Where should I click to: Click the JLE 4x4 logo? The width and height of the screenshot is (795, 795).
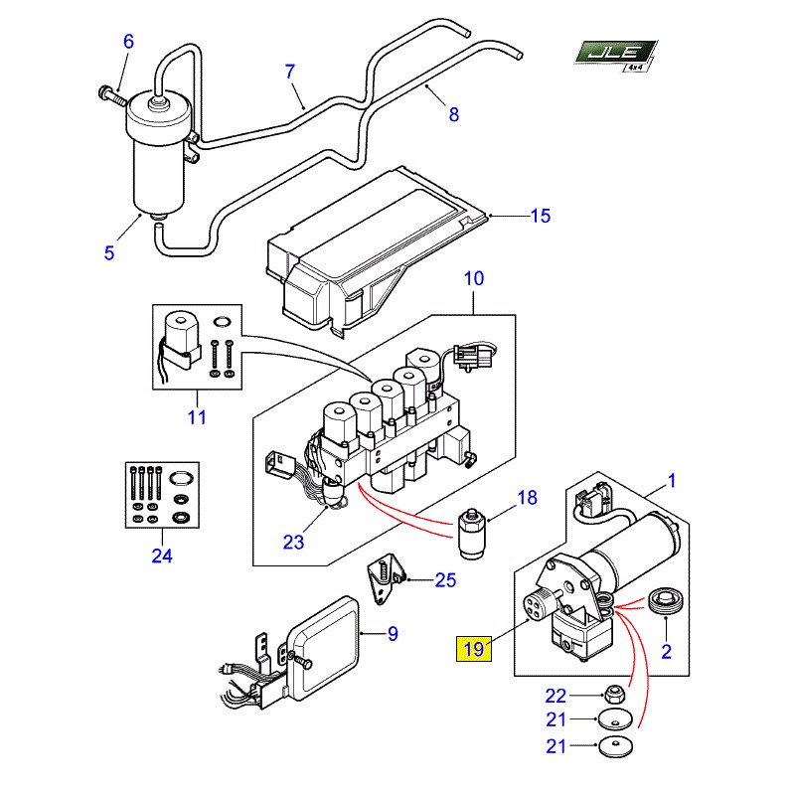[x=615, y=56]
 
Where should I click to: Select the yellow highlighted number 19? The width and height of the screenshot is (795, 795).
[x=474, y=649]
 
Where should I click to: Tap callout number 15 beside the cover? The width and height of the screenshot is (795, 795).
[x=541, y=216]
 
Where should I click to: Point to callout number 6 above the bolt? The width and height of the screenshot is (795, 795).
[x=129, y=42]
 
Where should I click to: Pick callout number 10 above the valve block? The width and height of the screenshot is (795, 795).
[x=474, y=278]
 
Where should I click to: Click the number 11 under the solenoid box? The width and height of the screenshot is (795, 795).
[x=197, y=417]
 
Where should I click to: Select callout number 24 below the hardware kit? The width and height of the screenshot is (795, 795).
[x=162, y=556]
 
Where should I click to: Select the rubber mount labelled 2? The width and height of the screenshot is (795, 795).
[x=665, y=601]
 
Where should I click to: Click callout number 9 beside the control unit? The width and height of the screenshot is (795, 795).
[x=393, y=634]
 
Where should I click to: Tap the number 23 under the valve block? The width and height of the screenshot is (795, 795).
[x=293, y=542]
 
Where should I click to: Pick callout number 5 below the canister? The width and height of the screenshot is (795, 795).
[x=109, y=253]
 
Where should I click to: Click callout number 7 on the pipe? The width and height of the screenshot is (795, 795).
[x=289, y=72]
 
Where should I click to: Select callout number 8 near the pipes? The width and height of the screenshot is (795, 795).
[x=454, y=114]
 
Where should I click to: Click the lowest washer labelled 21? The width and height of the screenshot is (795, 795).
[x=616, y=746]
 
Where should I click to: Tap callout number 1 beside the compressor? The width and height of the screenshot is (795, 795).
[x=672, y=480]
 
